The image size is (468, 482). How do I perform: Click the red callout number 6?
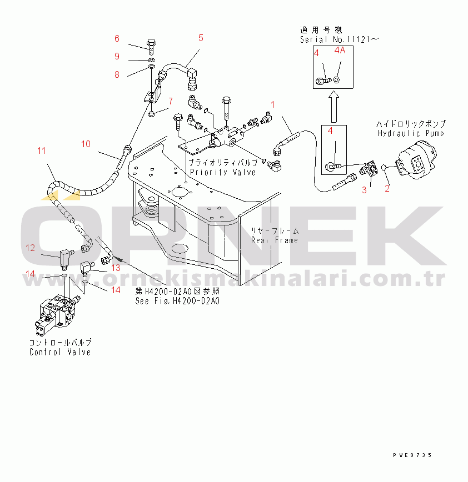coord(117,39)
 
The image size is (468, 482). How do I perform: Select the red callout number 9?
coord(117,56)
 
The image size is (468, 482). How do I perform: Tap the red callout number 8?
coord(117,75)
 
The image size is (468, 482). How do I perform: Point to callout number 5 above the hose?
coord(201,38)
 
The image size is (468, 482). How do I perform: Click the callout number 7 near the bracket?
coord(171,101)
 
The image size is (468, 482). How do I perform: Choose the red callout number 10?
coord(86,144)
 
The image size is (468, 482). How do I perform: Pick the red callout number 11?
coord(42,150)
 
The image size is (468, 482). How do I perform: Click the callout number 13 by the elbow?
coord(116,268)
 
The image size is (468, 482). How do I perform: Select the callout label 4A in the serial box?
coord(340,51)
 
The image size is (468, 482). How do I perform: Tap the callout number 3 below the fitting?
coord(365,190)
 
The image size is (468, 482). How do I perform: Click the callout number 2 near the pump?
coord(387,188)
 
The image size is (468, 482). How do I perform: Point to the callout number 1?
coord(273,104)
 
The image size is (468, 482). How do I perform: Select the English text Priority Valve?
coord(223,172)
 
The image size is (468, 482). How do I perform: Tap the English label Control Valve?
coord(60,352)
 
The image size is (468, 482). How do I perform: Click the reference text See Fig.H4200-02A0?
coord(177,301)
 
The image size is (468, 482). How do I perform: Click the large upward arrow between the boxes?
coord(332,107)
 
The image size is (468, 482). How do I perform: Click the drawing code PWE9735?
coord(412,455)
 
